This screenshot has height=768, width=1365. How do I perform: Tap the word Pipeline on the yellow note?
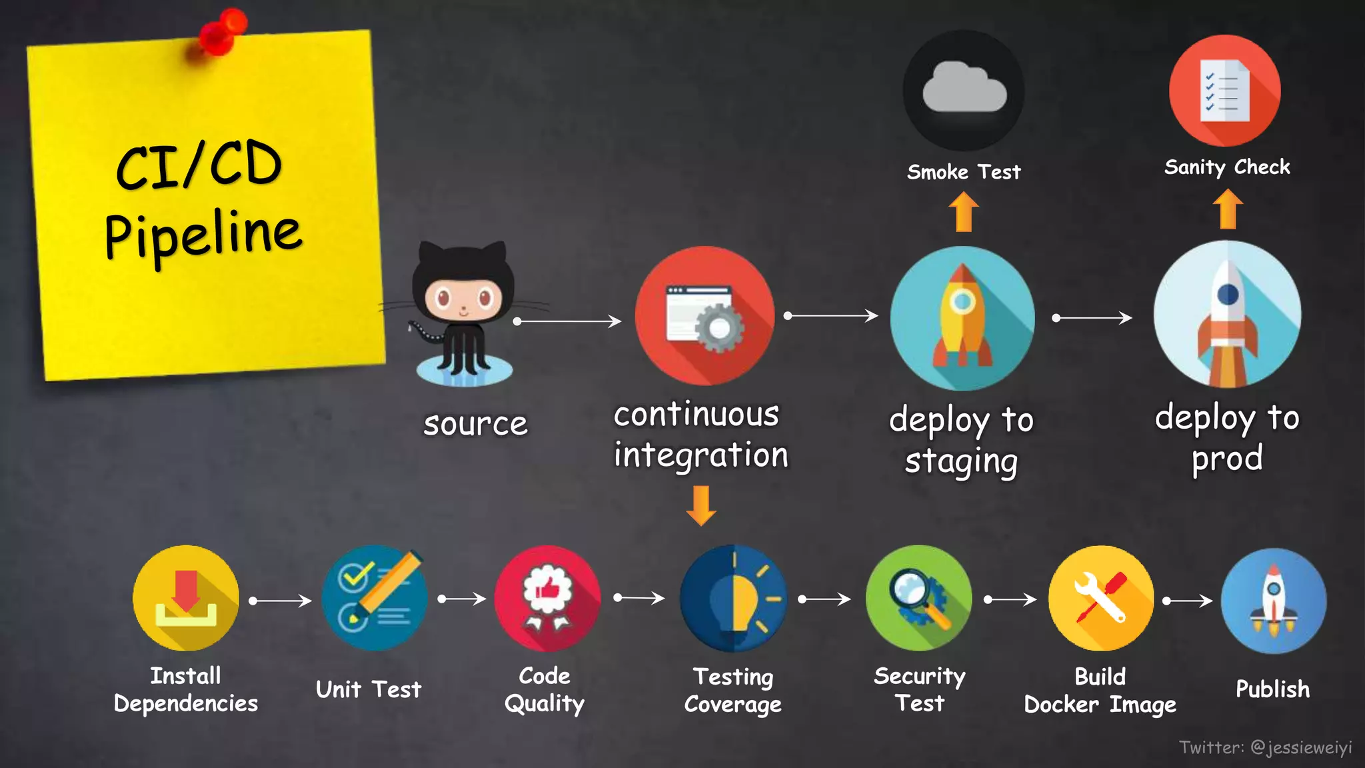(x=203, y=235)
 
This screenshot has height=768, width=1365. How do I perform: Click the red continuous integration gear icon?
(x=704, y=315)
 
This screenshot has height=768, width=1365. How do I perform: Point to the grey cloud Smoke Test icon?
(x=964, y=90)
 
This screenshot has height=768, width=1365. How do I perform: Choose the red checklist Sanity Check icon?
(x=1225, y=91)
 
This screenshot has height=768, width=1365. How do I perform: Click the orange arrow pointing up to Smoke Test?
(x=964, y=211)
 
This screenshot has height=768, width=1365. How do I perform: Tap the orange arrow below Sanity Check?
(x=1228, y=209)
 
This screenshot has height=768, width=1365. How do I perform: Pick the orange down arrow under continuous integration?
(x=701, y=505)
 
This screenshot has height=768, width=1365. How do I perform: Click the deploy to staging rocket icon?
(x=962, y=318)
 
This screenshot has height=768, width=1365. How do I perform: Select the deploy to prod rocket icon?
(x=1227, y=314)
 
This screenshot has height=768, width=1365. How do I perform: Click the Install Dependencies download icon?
(x=186, y=598)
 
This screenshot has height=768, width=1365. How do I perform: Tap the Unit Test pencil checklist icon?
(x=375, y=598)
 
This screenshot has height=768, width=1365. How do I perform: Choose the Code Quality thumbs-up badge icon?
(x=547, y=598)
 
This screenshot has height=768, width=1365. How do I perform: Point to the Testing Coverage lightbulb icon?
(x=733, y=598)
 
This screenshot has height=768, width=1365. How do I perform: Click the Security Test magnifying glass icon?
(x=919, y=598)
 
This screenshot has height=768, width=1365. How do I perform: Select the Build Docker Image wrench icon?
(x=1101, y=598)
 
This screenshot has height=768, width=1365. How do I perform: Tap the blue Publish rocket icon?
(x=1273, y=601)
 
